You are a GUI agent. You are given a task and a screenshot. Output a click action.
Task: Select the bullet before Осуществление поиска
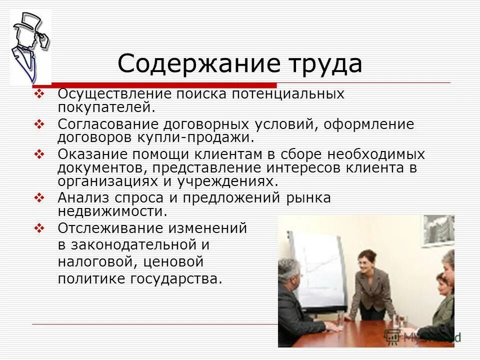coord(40,93)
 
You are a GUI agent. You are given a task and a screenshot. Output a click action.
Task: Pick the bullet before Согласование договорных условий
coord(40,123)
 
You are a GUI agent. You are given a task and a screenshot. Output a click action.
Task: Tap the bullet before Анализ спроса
coord(40,198)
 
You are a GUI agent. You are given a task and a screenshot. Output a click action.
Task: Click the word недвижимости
coord(112,211)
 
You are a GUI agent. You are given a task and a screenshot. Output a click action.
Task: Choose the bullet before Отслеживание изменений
coord(40,228)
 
